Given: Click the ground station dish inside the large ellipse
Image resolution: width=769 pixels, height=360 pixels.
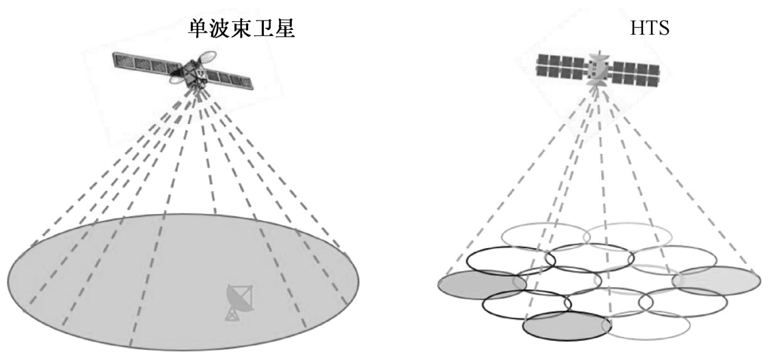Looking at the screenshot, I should point(239,300).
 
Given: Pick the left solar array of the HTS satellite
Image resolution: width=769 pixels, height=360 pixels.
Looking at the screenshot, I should point(561,67).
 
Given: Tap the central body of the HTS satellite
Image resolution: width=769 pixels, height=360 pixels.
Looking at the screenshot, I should point(598,68).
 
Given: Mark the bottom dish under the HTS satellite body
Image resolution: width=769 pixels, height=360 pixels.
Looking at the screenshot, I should point(597,83).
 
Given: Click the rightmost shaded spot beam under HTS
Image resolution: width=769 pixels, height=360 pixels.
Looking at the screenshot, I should point(716,280).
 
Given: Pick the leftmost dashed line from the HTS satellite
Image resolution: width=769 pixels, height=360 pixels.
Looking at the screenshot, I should point(518,184).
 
